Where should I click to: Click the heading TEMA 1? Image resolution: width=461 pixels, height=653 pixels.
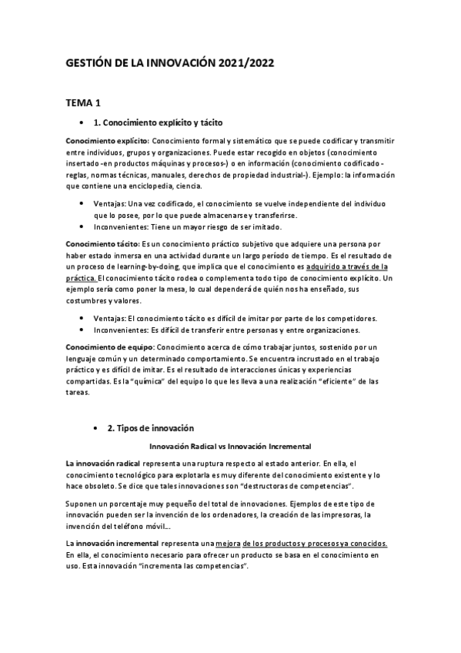pos(83,102)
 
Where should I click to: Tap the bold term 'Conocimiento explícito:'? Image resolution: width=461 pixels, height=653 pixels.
pos(107,141)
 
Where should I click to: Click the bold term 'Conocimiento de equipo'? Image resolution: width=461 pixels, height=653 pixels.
pos(109,348)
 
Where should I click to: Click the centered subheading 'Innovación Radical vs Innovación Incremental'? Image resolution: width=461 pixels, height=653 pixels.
pos(229,446)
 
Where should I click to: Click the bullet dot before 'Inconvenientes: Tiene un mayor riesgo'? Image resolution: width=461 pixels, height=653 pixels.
pos(83,227)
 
